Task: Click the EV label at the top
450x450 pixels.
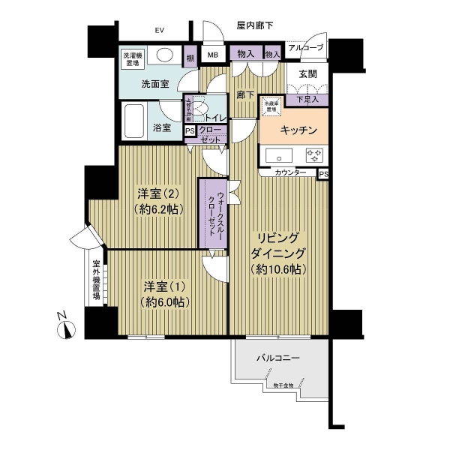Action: coord(159,31)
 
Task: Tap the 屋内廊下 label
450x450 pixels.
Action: coord(255,25)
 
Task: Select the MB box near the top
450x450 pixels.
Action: coord(213,55)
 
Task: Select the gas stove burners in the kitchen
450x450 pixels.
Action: coord(313,156)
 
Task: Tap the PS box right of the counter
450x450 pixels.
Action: coord(323,174)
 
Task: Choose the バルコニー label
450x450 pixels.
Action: coord(277,358)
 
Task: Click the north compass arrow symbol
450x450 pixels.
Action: coord(68,328)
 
